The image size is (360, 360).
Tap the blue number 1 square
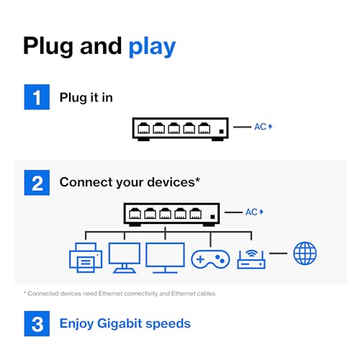tap(37, 97)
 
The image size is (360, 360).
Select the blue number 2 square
tap(37, 183)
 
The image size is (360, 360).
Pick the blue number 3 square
tap(37, 323)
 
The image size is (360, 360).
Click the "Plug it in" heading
tap(86, 98)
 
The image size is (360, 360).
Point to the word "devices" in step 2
tap(171, 182)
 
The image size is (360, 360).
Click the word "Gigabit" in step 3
tap(120, 324)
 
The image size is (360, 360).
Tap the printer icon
tap(86, 258)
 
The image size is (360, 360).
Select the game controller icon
tap(210, 259)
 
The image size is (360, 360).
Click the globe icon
tap(305, 253)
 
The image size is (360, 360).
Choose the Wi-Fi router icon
tap(251, 259)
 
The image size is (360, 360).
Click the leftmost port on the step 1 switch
tap(143, 128)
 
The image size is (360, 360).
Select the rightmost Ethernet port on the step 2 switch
tap(196, 213)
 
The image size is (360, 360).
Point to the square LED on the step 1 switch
tap(221, 132)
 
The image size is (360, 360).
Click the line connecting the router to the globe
tap(278, 253)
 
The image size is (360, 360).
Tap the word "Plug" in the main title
tap(48, 47)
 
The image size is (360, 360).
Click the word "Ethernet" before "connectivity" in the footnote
tap(110, 294)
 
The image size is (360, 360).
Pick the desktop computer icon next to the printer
tap(125, 258)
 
